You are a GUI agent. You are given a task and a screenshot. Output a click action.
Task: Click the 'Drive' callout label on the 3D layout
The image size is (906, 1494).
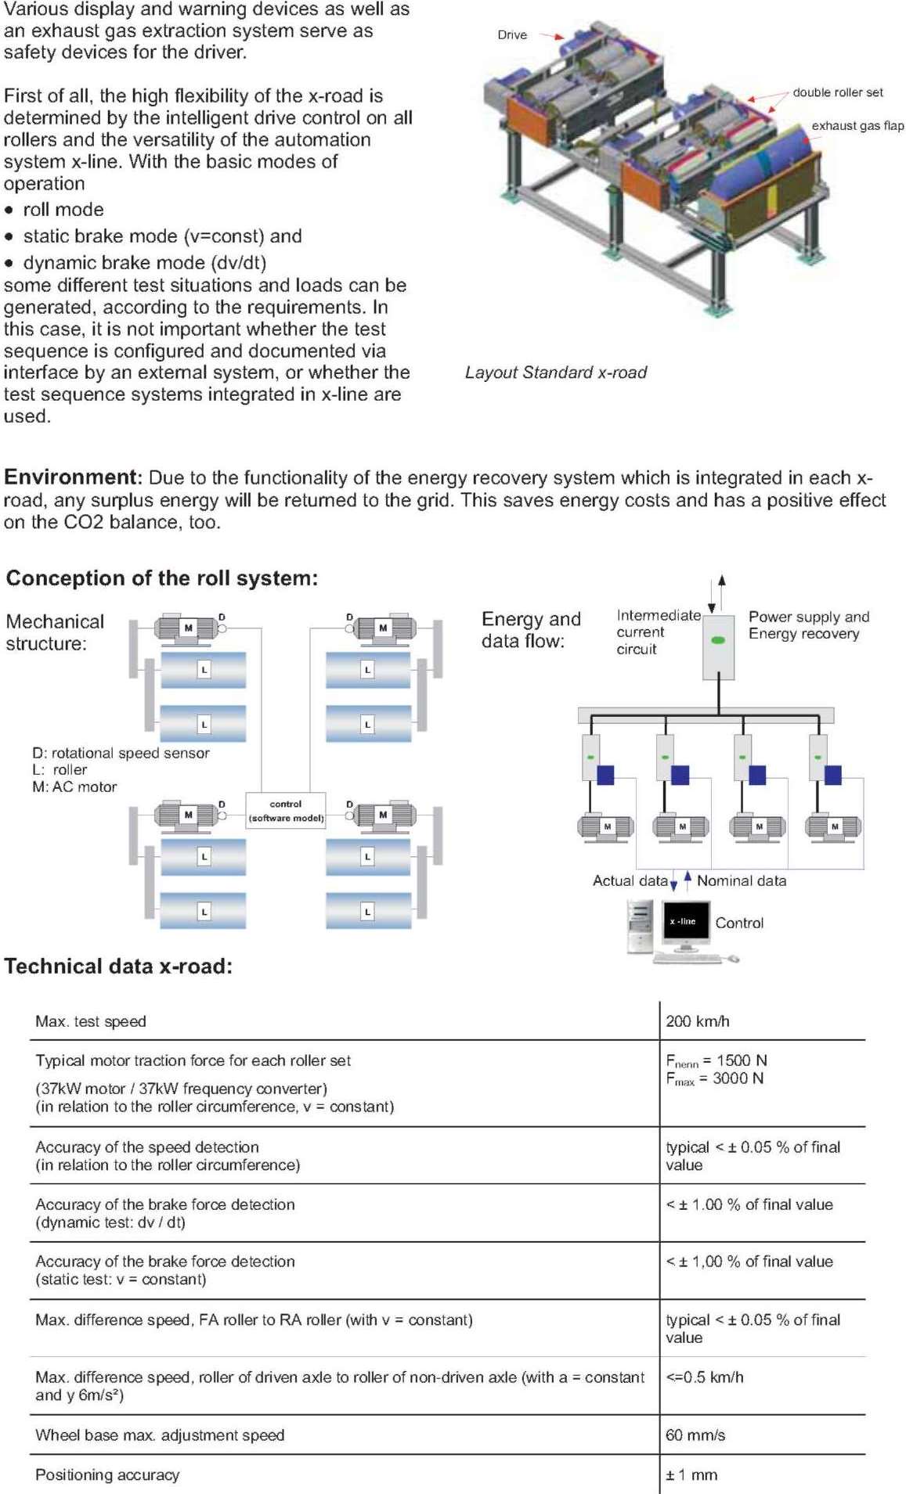click(x=512, y=35)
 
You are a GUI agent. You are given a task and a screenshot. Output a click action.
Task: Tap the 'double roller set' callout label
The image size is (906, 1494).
click(x=838, y=92)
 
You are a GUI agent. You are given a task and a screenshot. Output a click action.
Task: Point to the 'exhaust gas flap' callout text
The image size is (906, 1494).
click(x=857, y=126)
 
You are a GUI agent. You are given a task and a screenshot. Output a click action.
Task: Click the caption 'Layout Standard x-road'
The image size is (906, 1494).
click(x=556, y=373)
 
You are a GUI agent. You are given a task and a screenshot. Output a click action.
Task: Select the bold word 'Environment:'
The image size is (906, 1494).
click(x=73, y=477)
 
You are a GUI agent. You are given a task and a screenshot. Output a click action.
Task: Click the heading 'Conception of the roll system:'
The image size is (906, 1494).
click(x=162, y=578)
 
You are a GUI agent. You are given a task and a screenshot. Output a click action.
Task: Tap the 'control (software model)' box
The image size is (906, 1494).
click(x=286, y=811)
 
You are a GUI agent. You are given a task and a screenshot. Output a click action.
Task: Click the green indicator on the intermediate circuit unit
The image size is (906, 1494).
click(x=718, y=640)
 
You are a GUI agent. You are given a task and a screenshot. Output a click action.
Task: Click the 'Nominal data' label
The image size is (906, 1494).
click(x=742, y=881)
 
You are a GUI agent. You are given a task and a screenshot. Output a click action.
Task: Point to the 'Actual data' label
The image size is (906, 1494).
click(x=630, y=881)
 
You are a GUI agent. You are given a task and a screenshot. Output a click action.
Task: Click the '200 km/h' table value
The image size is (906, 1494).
click(x=698, y=1021)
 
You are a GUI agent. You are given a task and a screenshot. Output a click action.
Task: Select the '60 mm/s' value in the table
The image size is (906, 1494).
click(x=695, y=1435)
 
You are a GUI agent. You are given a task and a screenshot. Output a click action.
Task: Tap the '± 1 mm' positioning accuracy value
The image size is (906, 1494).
click(x=691, y=1475)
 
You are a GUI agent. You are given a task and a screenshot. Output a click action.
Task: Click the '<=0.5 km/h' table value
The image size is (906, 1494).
click(x=705, y=1377)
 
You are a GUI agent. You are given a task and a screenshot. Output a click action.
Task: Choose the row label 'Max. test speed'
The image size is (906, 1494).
click(x=91, y=1021)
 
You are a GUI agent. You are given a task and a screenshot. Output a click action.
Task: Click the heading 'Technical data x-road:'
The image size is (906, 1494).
click(x=118, y=967)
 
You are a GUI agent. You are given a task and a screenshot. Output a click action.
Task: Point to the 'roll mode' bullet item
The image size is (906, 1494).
click(x=63, y=210)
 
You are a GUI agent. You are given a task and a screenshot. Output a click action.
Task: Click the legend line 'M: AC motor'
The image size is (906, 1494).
click(x=74, y=787)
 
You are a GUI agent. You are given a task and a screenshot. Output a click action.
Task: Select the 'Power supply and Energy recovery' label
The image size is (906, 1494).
click(x=809, y=625)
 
